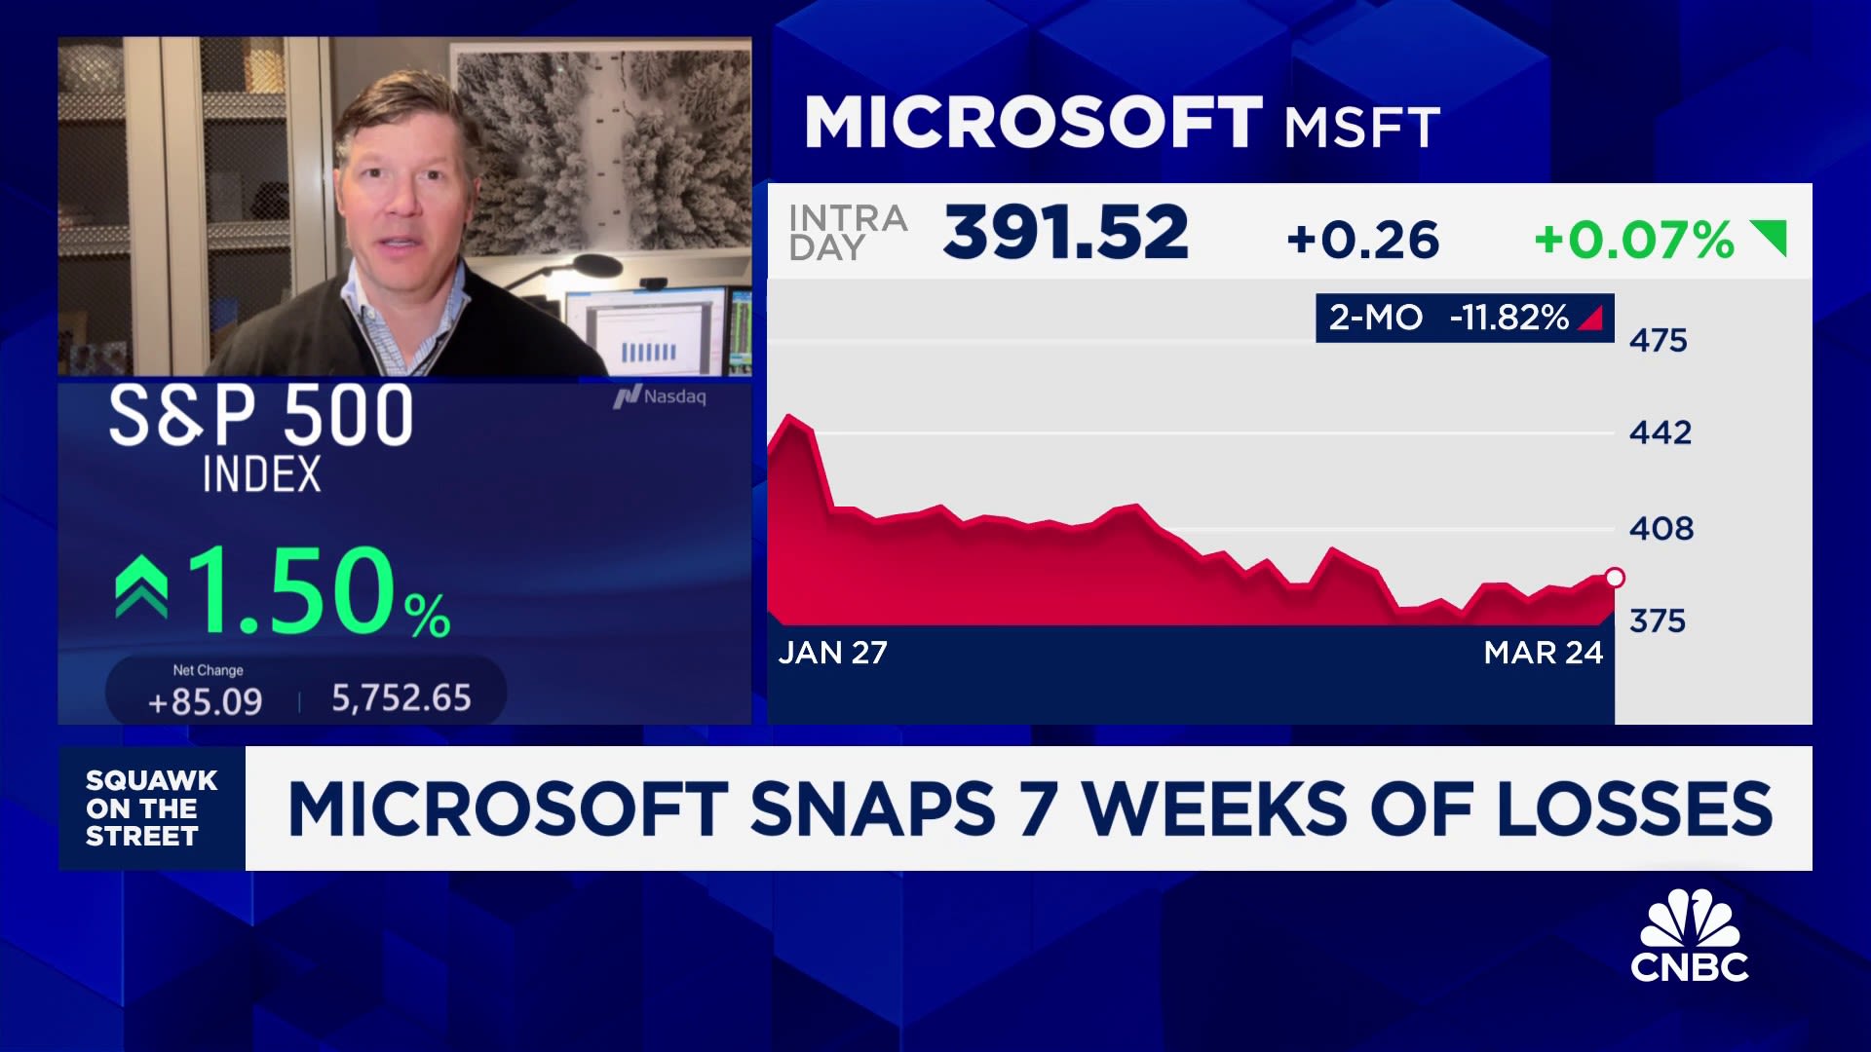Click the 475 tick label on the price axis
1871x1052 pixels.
(1658, 340)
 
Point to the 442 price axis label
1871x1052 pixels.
(1660, 432)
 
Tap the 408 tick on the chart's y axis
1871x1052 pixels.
(1661, 528)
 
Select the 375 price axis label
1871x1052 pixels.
(1657, 620)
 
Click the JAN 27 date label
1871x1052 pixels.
(832, 653)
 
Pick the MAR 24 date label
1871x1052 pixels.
(1543, 653)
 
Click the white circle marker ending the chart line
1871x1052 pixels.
(1614, 578)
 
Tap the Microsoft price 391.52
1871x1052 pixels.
(1065, 234)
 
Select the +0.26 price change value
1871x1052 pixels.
(1362, 240)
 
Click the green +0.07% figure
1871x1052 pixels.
(1633, 240)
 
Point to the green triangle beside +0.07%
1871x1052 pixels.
(1772, 236)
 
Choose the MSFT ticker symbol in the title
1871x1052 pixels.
(1361, 128)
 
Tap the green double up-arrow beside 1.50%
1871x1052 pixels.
(141, 587)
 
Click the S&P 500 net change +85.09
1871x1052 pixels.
(205, 701)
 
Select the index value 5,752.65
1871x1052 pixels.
(401, 698)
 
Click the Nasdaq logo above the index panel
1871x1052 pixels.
(660, 396)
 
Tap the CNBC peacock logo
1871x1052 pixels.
(1690, 935)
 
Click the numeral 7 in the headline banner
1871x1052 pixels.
(1038, 808)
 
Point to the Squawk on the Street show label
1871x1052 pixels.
(151, 808)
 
